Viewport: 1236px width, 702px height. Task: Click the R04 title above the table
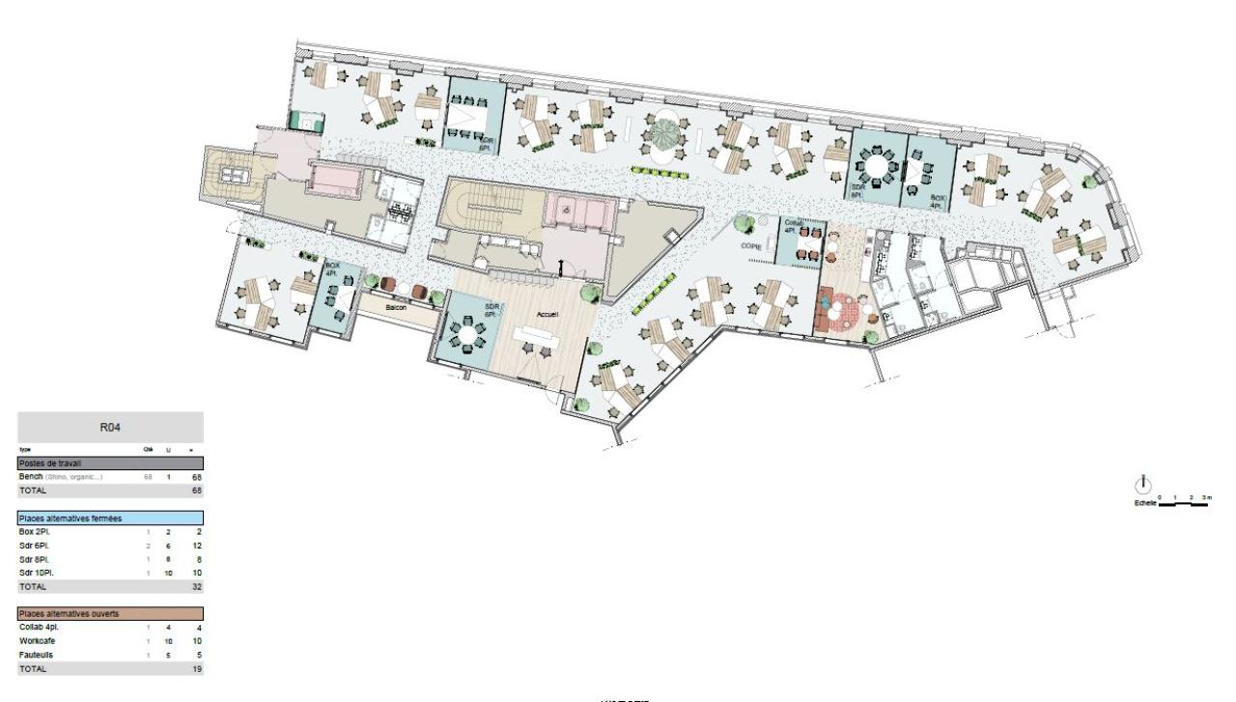point(110,427)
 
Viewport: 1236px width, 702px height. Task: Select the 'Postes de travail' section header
point(47,463)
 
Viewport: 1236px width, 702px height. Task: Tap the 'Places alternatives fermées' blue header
point(68,519)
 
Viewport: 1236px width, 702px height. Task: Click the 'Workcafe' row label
point(37,641)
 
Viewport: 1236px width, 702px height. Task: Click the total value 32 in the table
point(196,586)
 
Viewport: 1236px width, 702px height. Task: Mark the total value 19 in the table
point(196,667)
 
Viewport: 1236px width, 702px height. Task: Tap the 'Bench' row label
point(32,477)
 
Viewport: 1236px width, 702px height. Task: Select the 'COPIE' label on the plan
point(752,246)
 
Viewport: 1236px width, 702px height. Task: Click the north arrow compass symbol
point(1143,482)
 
